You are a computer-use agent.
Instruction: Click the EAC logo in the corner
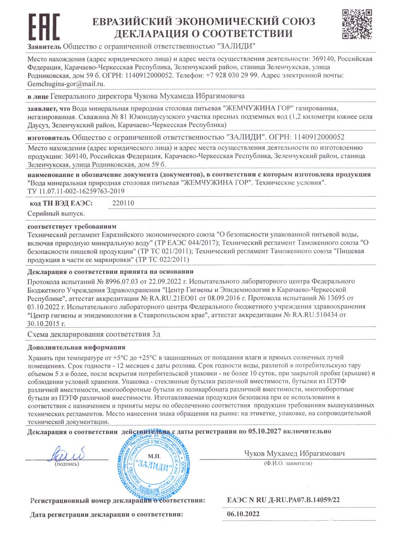(x=44, y=26)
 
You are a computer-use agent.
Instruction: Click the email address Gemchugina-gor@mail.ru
(x=66, y=84)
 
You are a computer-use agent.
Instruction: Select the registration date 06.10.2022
(x=243, y=514)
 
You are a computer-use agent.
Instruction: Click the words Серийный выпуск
(x=56, y=213)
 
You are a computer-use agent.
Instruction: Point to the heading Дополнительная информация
(x=76, y=348)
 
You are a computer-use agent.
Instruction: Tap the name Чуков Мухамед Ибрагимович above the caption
(x=294, y=453)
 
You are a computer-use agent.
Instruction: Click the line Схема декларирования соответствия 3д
(x=94, y=334)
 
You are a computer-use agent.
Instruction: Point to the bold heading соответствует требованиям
(x=72, y=227)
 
